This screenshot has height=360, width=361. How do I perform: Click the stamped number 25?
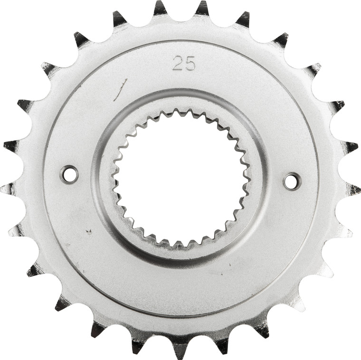(184, 63)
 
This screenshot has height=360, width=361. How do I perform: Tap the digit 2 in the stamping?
(178, 63)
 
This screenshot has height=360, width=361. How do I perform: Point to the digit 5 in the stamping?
(190, 63)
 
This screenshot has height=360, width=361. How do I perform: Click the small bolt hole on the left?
(69, 174)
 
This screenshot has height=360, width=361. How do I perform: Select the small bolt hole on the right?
(292, 181)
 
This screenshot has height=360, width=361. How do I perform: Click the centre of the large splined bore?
(180, 178)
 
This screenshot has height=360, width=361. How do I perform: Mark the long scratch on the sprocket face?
(121, 90)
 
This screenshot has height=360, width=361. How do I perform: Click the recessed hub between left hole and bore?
(102, 176)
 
